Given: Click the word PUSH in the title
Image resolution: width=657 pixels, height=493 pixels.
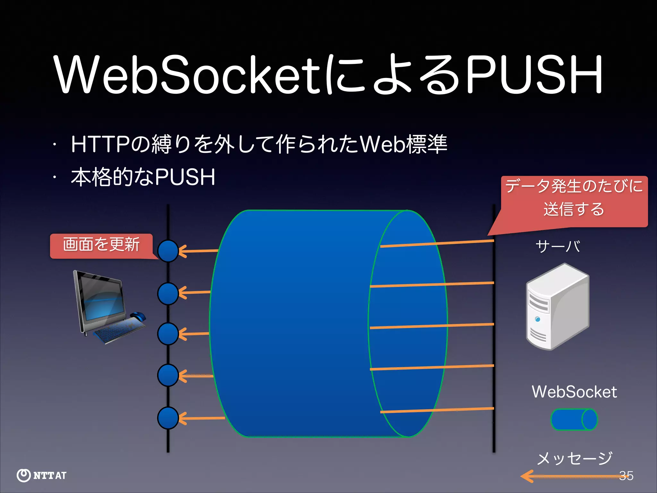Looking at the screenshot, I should [534, 74].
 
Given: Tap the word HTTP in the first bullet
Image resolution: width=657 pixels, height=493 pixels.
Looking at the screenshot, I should [100, 144].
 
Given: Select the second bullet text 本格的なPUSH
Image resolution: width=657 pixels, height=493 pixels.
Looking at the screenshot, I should [143, 177].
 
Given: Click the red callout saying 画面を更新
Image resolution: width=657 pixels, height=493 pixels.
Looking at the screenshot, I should [101, 245].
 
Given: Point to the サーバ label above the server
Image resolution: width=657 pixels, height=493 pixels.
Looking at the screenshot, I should [558, 246].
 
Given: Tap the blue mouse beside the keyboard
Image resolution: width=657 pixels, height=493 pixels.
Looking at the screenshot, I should [138, 316].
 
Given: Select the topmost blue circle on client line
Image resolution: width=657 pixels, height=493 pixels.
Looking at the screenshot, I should [168, 251].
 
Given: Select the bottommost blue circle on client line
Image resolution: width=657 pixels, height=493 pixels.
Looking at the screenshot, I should [168, 418].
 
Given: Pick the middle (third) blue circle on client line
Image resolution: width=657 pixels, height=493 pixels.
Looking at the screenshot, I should [168, 334].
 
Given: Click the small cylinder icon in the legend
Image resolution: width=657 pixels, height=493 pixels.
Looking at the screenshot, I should [574, 419].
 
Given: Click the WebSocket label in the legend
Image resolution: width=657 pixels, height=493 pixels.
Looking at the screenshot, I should [574, 392].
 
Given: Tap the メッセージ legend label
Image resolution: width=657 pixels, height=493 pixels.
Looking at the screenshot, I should [574, 458].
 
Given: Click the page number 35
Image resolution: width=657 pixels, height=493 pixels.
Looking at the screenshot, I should [626, 476].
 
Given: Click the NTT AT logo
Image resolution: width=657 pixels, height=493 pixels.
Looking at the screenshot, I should [42, 475].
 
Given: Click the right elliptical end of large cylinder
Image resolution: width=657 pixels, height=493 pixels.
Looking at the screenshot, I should [408, 324].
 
